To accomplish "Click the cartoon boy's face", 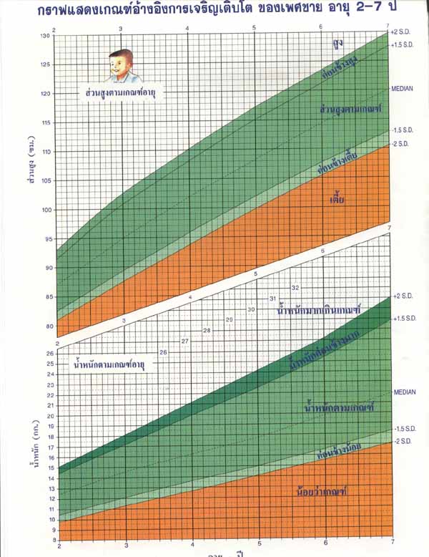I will pyautogui.click(x=122, y=67).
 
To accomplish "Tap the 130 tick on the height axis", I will pyautogui.click(x=46, y=36).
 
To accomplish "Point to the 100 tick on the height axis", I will pyautogui.click(x=46, y=210).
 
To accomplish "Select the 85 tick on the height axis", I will pyautogui.click(x=48, y=297).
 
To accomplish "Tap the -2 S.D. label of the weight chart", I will pyautogui.click(x=403, y=441).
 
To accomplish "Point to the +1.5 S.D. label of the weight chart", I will pyautogui.click(x=404, y=316).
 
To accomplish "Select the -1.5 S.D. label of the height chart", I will pyautogui.click(x=403, y=130).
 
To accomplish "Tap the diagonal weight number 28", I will pyautogui.click(x=207, y=330).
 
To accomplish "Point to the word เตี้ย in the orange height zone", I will pyautogui.click(x=337, y=198).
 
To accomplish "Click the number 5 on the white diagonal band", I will pyautogui.click(x=255, y=274).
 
